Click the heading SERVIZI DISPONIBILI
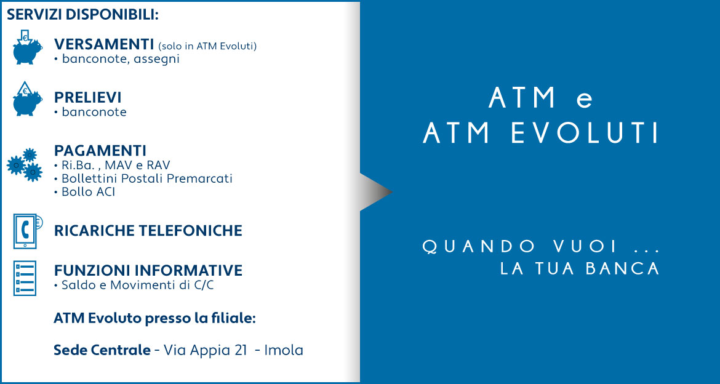[x=82, y=14]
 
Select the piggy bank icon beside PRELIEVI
[x=27, y=98]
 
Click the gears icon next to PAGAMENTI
[x=25, y=164]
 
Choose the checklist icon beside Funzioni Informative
[x=25, y=278]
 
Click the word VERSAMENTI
[x=104, y=44]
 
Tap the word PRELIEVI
[x=88, y=97]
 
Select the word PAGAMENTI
[x=100, y=150]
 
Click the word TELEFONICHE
[x=194, y=231]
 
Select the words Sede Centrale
[x=102, y=351]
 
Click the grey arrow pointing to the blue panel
[x=375, y=192]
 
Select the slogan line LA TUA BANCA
[x=580, y=269]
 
